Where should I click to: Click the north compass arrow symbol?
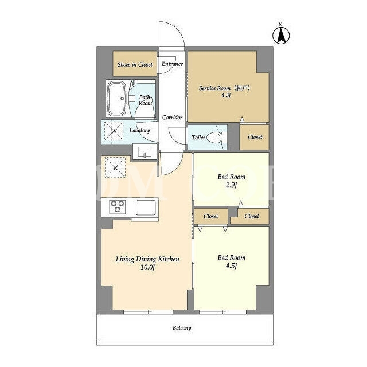click(x=281, y=36)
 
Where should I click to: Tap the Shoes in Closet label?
click(x=135, y=64)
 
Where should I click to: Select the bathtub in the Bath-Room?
click(x=116, y=99)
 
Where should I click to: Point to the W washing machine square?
click(x=114, y=131)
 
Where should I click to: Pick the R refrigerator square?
click(x=115, y=167)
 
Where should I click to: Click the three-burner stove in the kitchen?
click(x=118, y=207)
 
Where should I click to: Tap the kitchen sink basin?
click(x=146, y=208)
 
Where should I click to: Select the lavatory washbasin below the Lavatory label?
click(x=145, y=151)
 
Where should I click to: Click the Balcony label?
click(x=182, y=328)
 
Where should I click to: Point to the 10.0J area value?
click(x=148, y=267)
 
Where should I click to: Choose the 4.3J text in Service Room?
click(x=226, y=95)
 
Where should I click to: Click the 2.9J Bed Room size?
click(x=232, y=185)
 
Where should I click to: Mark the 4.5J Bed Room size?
click(x=232, y=266)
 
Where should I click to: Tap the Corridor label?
click(x=172, y=118)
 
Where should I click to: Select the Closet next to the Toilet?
click(x=255, y=137)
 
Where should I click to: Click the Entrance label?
click(x=173, y=64)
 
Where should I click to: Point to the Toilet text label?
click(x=198, y=138)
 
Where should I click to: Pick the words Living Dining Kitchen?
click(x=148, y=259)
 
